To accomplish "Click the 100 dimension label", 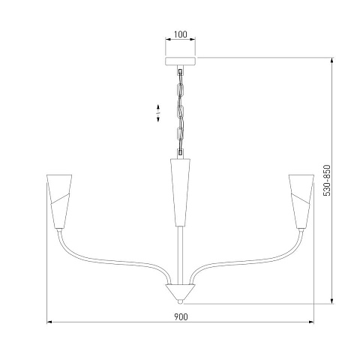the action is click(x=180, y=34).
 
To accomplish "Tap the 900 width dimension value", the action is click(x=181, y=317).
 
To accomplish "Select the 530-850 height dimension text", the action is click(x=327, y=180).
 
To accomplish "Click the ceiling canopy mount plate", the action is click(x=181, y=61).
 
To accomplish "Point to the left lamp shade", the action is click(x=59, y=201).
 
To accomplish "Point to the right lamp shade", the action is click(x=301, y=201).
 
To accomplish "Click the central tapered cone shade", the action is click(x=180, y=192).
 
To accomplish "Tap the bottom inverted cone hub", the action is click(x=179, y=292).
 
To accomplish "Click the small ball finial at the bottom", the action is click(x=179, y=302).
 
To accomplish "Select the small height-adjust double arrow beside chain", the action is click(x=158, y=113).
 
